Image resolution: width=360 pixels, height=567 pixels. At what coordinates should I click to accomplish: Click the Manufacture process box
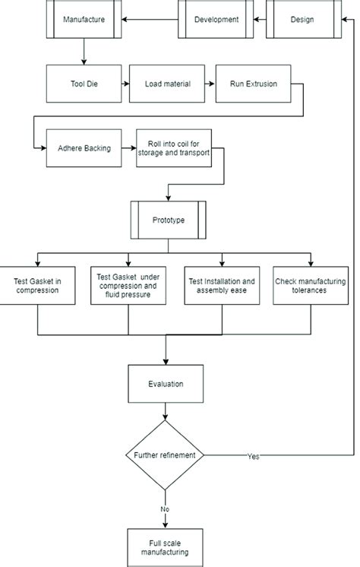click(84, 19)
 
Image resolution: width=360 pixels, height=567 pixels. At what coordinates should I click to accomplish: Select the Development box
click(216, 19)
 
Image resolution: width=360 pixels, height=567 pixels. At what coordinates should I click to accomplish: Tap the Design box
click(304, 19)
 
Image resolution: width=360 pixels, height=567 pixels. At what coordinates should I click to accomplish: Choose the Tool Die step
click(84, 84)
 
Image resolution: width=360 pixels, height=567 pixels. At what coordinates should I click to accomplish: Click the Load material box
click(167, 84)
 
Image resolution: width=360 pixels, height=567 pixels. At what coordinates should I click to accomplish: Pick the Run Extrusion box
click(254, 84)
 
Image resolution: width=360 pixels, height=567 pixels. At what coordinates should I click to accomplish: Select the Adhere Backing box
click(84, 148)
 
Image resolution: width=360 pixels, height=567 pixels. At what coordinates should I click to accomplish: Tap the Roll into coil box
click(174, 148)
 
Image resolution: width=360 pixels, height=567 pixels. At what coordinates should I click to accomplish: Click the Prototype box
click(169, 220)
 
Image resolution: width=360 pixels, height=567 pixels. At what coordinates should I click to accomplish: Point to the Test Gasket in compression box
click(37, 286)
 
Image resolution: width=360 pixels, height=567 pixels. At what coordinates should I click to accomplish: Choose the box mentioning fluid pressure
click(128, 286)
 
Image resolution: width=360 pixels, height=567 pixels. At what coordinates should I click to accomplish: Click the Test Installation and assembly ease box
click(222, 286)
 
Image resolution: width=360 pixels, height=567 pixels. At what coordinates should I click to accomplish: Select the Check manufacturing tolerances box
click(311, 286)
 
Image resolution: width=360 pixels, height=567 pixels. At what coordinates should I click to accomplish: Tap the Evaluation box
click(166, 384)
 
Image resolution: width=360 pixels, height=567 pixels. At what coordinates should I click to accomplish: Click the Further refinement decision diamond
click(165, 455)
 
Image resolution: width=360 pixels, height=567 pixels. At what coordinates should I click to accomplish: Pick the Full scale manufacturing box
click(165, 547)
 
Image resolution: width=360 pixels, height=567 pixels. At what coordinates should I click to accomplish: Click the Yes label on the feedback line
click(254, 456)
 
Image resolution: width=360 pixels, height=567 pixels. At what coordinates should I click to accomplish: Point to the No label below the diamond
click(165, 509)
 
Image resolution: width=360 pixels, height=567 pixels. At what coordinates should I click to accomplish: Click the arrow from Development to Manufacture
click(150, 19)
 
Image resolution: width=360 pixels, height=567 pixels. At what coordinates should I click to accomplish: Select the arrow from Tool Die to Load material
click(125, 84)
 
